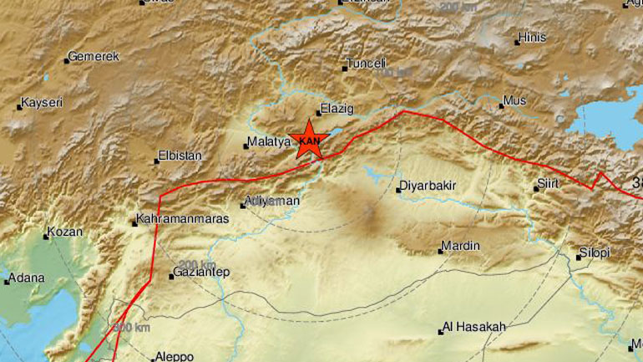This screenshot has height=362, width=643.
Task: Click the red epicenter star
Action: pos(308,139)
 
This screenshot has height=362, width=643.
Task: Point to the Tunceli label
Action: pos(367,64)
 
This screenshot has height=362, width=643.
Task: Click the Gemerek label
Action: pos(94,57)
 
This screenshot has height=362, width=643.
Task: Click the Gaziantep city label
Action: pos(204,273)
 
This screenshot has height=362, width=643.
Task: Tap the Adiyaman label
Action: pos(272,201)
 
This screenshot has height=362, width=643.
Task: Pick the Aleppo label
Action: pos(174,355)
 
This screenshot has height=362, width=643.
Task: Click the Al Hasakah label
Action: pos(474,328)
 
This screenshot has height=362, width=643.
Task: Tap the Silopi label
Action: pos(595,252)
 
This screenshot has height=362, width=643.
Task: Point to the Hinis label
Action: pos(531,38)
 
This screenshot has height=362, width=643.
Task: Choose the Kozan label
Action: pos(66,232)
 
